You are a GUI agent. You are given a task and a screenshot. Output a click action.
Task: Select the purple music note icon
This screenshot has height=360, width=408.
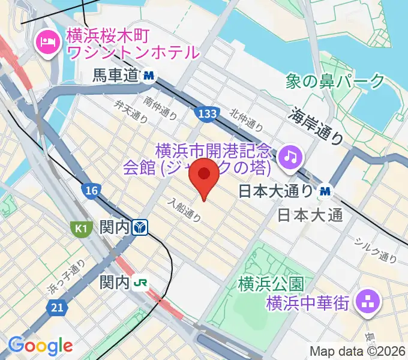coord(291,157)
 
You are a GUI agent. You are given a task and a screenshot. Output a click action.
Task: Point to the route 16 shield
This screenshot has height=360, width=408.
coord(91,191)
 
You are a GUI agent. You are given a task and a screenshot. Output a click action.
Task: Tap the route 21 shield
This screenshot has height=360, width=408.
coord(57,307)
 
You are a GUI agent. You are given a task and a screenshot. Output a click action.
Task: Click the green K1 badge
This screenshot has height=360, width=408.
coord(82,228)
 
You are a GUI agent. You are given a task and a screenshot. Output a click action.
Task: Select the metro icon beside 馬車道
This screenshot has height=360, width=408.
coord(149,76)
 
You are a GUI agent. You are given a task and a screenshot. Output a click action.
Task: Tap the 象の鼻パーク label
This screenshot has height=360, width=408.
coord(336,80)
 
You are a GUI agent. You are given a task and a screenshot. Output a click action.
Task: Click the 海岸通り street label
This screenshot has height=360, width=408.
coord(319,125)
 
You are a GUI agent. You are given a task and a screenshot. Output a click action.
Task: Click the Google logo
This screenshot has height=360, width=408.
coord(40,346)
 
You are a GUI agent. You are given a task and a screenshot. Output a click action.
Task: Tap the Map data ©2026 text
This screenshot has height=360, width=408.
coord(358,352)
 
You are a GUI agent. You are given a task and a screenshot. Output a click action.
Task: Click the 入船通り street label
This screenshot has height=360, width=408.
coord(184,211)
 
